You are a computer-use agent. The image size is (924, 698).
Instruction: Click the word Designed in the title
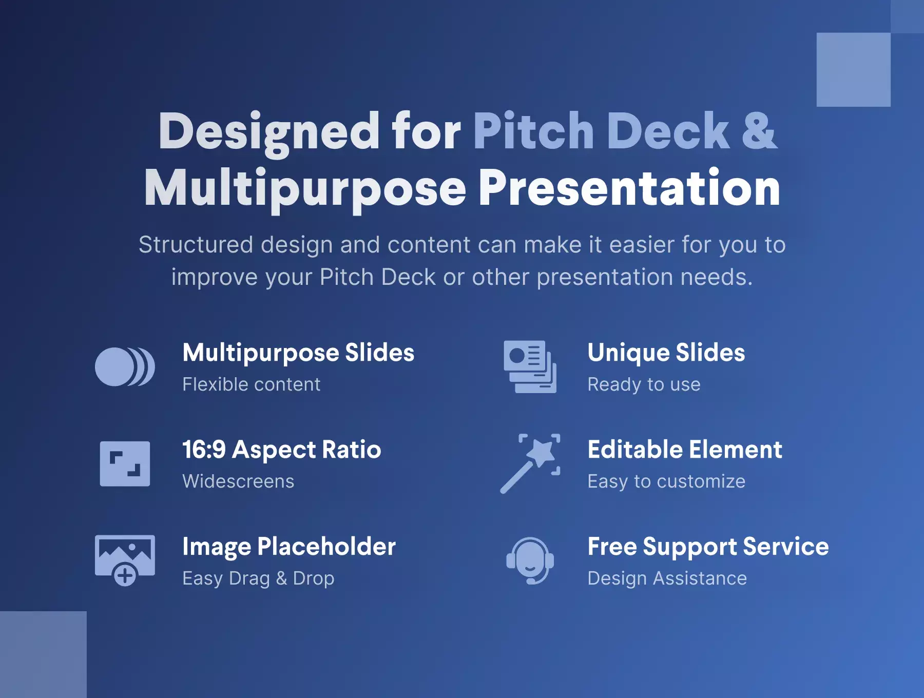pyautogui.click(x=269, y=132)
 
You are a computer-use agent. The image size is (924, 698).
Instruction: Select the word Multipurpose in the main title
pyautogui.click(x=305, y=189)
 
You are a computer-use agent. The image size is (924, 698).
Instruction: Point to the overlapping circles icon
pyautogui.click(x=125, y=366)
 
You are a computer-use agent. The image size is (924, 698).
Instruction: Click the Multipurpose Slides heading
pyautogui.click(x=298, y=353)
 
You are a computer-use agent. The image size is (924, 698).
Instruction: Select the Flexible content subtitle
pyautogui.click(x=252, y=384)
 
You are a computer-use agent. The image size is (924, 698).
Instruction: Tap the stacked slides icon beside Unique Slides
pyautogui.click(x=530, y=366)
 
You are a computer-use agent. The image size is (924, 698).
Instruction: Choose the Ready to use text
pyautogui.click(x=644, y=384)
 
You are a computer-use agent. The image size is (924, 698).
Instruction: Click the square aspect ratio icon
pyautogui.click(x=125, y=463)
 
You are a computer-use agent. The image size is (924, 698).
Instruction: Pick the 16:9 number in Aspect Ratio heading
pyautogui.click(x=204, y=450)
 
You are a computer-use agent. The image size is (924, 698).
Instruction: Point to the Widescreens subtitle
pyautogui.click(x=238, y=481)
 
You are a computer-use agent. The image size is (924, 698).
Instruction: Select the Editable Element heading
pyautogui.click(x=685, y=450)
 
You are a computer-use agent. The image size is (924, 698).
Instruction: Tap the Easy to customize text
pyautogui.click(x=666, y=481)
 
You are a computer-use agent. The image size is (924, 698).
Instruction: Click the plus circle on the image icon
pyautogui.click(x=125, y=575)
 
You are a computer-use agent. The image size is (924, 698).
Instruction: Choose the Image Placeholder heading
pyautogui.click(x=289, y=547)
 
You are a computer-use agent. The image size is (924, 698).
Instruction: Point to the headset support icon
pyautogui.click(x=530, y=560)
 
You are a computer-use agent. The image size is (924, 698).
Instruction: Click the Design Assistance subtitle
pyautogui.click(x=667, y=578)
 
